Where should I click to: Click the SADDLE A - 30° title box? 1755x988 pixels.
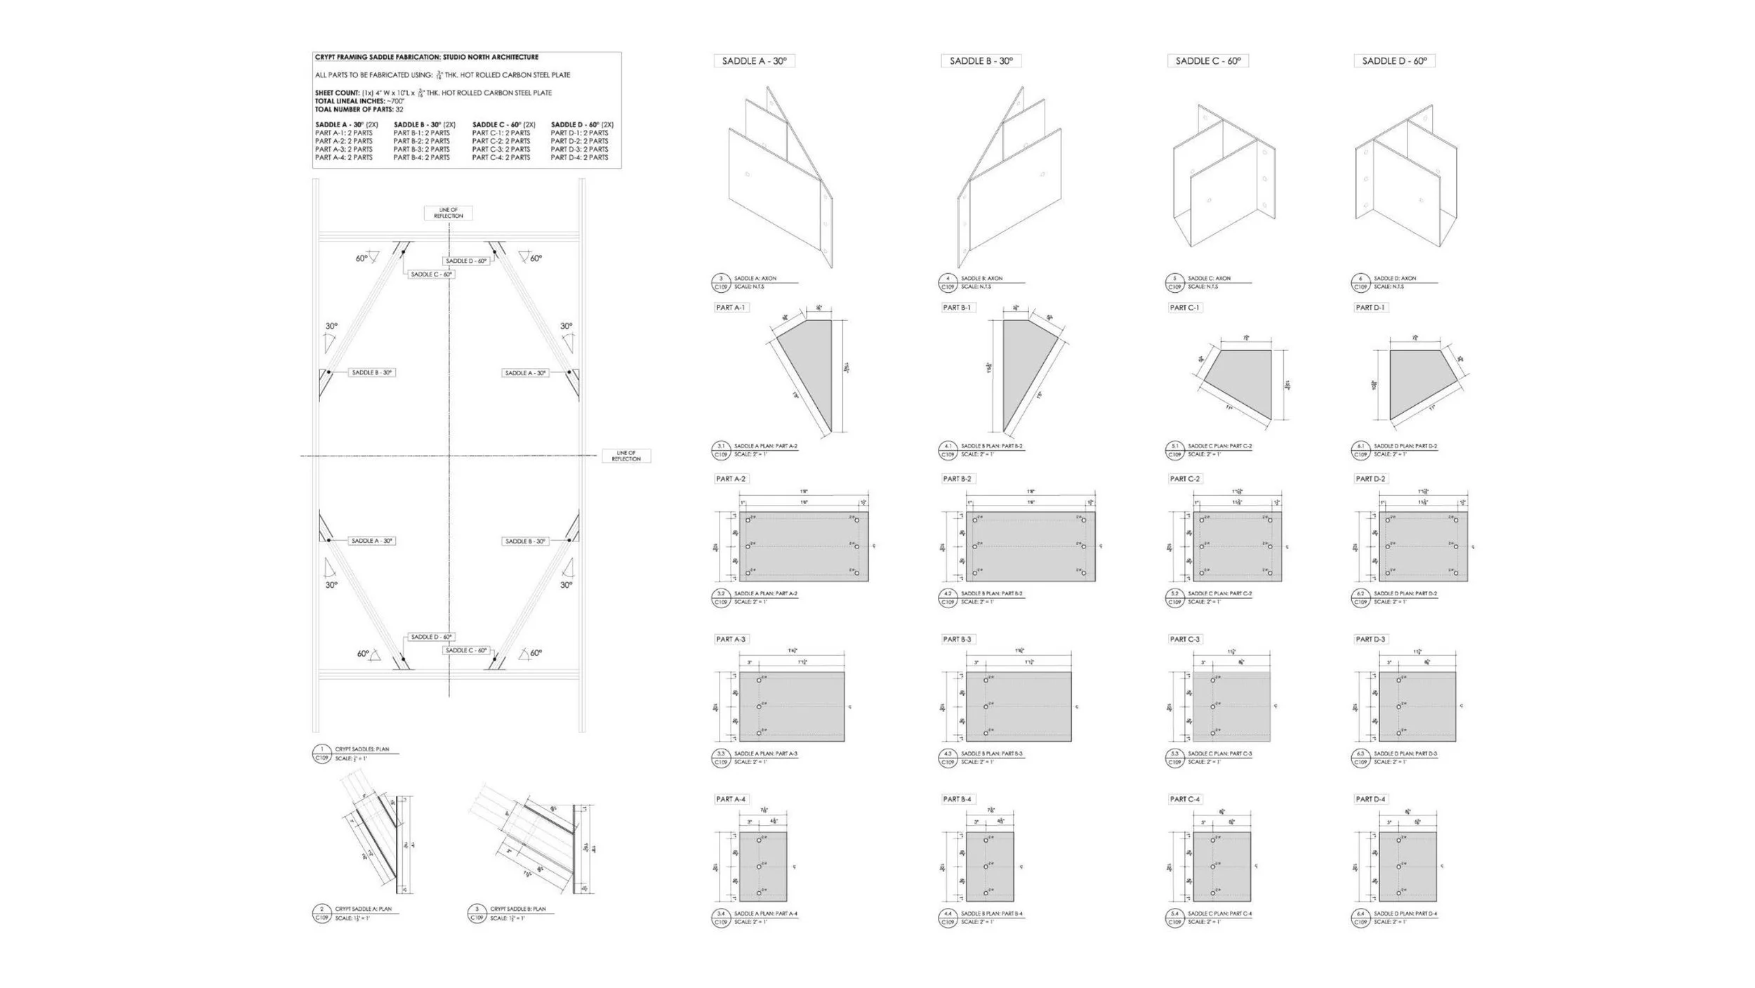coord(754,61)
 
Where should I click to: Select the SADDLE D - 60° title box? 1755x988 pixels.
coord(1394,61)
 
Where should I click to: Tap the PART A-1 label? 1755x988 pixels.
coord(730,308)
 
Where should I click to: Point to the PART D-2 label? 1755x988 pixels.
coord(1370,479)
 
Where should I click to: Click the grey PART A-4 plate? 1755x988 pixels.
coord(763,867)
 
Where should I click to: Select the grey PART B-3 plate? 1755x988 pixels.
coord(1019,706)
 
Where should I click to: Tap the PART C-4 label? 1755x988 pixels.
coord(1185,799)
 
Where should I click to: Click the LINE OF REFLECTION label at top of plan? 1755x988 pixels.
coord(448,213)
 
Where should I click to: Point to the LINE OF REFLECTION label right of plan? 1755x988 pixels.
coord(626,456)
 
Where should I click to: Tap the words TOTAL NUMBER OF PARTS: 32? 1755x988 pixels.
coord(359,110)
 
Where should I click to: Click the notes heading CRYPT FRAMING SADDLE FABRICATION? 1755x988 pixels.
coord(426,57)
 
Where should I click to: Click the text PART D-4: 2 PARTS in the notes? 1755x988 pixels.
coord(579,157)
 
